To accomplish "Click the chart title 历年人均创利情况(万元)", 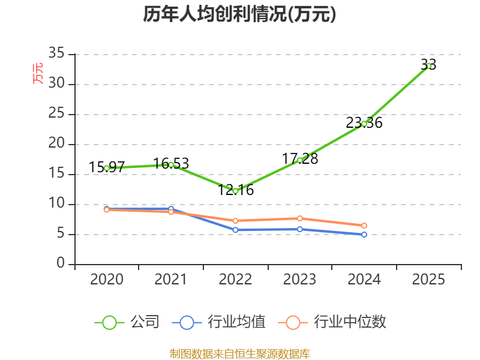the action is [239, 14].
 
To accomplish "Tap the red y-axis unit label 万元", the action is [38, 73].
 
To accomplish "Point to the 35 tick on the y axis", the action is [56, 53].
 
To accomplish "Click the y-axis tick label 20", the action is [56, 143].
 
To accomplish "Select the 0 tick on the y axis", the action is [61, 263].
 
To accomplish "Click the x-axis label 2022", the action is [235, 280].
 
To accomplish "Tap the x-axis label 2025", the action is [428, 280].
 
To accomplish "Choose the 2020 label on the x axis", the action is [107, 280].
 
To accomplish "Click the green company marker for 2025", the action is [428, 66].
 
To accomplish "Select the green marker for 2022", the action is [235, 191].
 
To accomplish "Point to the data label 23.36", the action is [364, 123].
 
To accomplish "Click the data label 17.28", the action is [300, 159].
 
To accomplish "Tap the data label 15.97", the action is [107, 167].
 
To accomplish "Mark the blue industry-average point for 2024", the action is [364, 235].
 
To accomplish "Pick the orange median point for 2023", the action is [300, 218].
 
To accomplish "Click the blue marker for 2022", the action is [235, 230].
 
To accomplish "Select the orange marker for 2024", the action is [364, 226].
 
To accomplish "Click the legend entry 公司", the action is [127, 322].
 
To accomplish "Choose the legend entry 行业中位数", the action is [332, 322].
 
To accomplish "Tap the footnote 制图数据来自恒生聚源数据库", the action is [240, 354].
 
